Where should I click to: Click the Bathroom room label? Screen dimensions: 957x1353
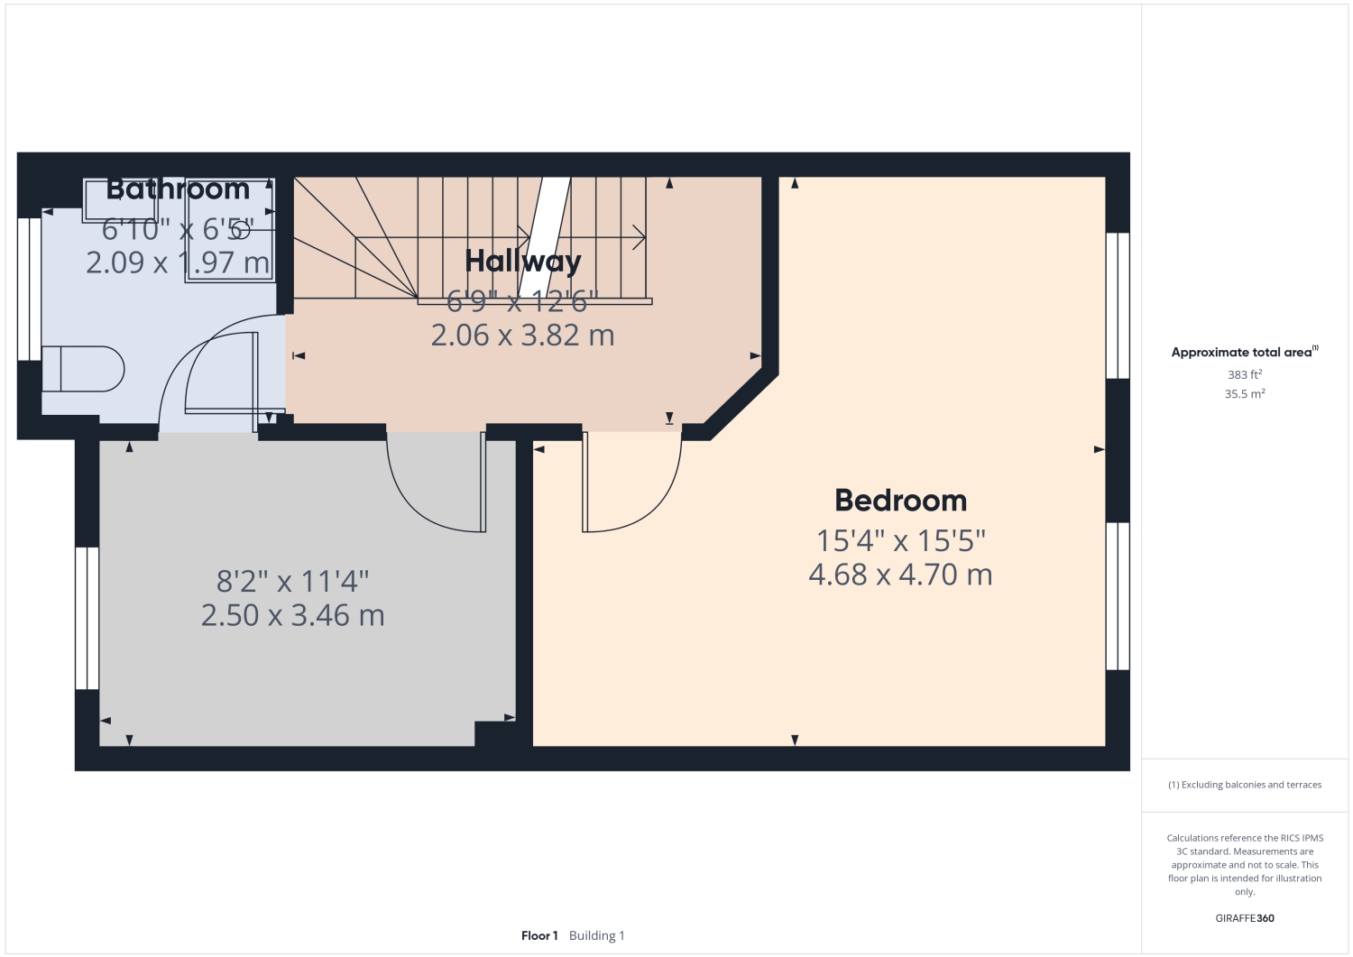pos(178,189)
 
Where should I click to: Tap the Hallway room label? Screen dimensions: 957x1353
pos(522,262)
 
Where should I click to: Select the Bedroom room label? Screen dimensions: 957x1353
pos(900,501)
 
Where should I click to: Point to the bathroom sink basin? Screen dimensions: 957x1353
pos(120,200)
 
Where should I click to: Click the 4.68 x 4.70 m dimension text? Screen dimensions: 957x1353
pos(900,575)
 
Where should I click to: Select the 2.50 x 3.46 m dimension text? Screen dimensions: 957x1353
pos(292,615)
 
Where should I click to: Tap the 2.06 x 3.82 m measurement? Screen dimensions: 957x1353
pos(522,336)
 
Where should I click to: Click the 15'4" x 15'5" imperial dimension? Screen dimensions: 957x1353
pos(900,541)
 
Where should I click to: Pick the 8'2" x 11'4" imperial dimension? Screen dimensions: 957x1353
pos(292,582)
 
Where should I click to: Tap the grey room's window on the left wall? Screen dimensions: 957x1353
pos(87,618)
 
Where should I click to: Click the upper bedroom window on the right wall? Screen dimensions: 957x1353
pos(1118,305)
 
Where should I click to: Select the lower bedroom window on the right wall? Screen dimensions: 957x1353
pos(1118,596)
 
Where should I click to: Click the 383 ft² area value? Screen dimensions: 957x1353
pos(1244,374)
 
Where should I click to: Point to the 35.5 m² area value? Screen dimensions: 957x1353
pos(1244,394)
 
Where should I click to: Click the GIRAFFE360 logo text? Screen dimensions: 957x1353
pos(1244,918)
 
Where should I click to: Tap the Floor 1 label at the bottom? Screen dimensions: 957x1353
pos(539,936)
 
